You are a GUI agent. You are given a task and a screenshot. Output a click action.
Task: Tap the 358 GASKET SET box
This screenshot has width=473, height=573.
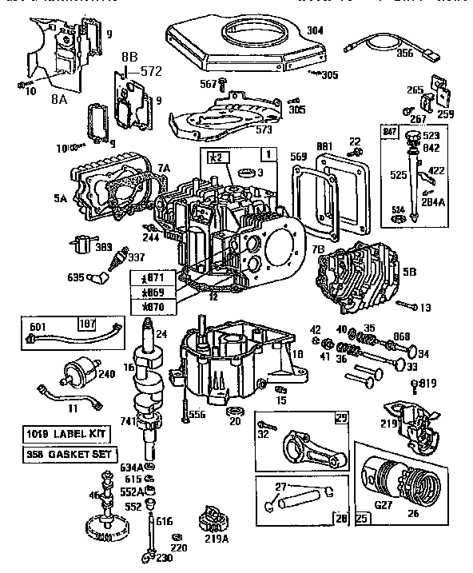67,454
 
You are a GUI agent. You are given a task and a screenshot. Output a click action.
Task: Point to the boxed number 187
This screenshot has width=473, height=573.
86,323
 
